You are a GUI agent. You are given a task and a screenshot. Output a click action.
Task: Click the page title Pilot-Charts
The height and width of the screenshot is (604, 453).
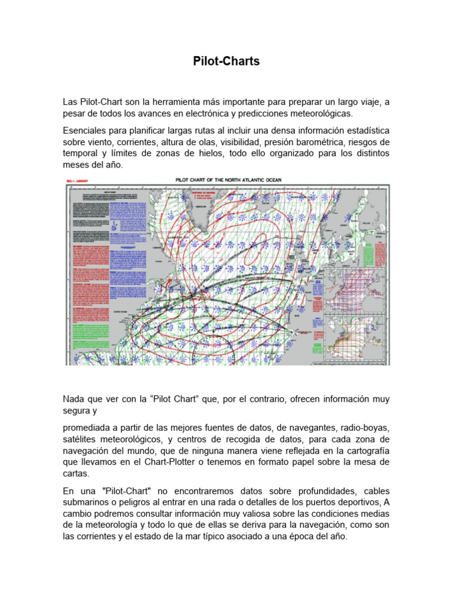(226, 61)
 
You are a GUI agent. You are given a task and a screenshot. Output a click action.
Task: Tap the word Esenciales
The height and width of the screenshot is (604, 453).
(86, 130)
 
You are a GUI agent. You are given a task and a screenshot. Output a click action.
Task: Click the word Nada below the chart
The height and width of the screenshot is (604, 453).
(75, 399)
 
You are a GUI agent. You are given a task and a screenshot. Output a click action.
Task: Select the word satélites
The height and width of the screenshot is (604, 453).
(81, 439)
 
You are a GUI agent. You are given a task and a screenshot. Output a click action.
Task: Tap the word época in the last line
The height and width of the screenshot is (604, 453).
(300, 537)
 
